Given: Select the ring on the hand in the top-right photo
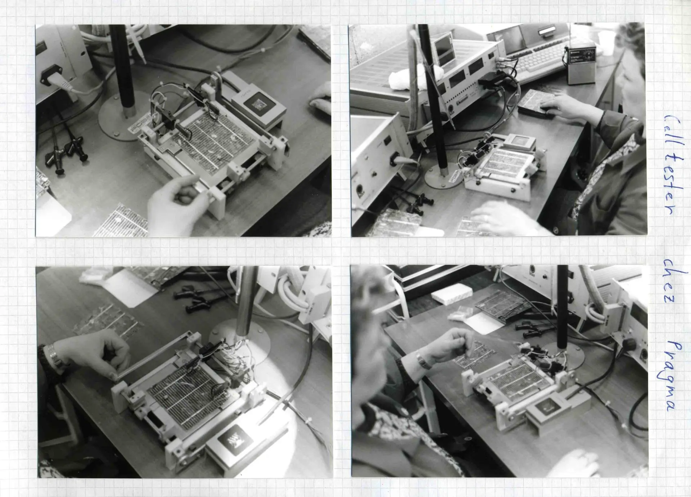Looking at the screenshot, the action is [485, 218].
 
